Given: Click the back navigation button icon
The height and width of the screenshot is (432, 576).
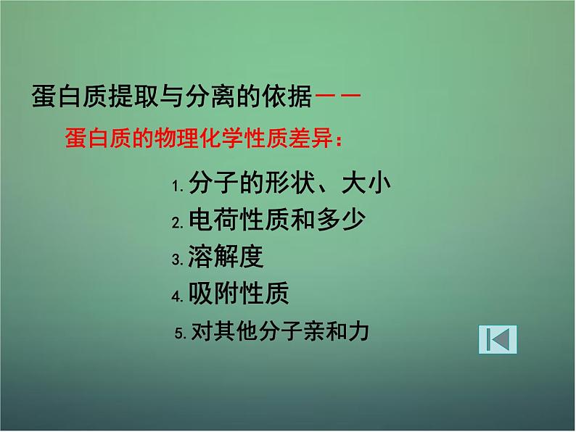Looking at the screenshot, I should pos(498,339).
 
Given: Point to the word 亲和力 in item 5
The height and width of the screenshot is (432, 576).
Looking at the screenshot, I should pos(342,332).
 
